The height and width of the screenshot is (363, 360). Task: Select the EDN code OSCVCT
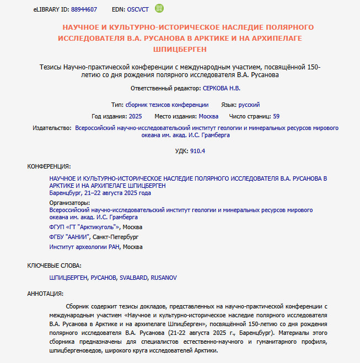tap(138, 9)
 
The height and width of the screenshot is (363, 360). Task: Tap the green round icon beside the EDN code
tap(159, 8)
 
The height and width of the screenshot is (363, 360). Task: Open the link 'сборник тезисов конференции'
tap(167, 104)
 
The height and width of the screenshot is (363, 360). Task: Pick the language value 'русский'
tap(249, 104)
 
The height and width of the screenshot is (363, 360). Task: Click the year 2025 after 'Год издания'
tap(135, 116)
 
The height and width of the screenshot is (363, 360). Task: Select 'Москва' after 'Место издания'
tap(208, 116)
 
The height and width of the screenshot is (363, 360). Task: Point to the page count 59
tap(276, 116)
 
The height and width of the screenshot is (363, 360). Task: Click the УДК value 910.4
tap(197, 151)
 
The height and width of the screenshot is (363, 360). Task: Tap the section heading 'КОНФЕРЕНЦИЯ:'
tap(49, 166)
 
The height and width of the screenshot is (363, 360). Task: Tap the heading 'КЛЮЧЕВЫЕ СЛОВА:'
tap(55, 266)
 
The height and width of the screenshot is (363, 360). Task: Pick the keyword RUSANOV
tap(164, 278)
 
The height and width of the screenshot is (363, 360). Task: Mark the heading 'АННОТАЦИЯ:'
tap(45, 294)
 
